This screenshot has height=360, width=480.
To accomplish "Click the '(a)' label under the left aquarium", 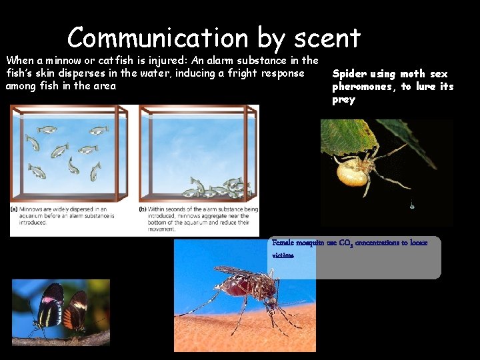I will (15, 209).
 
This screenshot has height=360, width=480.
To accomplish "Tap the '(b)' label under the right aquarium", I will (143, 209).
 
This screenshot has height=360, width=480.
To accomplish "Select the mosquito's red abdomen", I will (235, 288).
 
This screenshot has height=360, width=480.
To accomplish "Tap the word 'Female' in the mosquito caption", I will (284, 243).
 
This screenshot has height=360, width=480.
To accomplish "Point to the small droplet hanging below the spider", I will (411, 207).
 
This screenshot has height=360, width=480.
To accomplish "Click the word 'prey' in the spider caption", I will (344, 100).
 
